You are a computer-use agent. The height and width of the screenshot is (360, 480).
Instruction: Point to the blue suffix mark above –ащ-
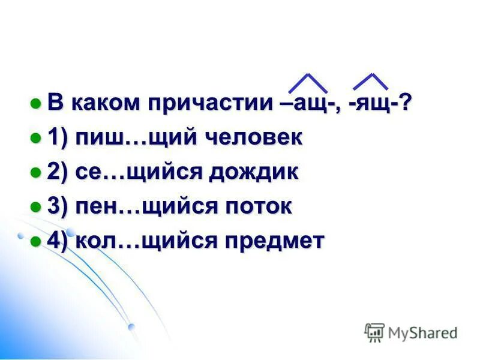308,83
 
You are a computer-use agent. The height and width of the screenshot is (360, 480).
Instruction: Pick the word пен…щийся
143,207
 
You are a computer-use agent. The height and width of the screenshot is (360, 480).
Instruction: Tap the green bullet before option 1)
35,138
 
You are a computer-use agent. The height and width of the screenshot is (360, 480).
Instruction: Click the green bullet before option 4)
35,242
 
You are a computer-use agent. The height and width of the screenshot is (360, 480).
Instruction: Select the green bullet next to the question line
35,103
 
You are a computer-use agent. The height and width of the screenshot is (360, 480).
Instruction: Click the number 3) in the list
58,207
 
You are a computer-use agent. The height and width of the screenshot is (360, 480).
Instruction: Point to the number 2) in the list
58,172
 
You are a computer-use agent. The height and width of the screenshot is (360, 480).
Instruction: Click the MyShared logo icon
374,331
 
